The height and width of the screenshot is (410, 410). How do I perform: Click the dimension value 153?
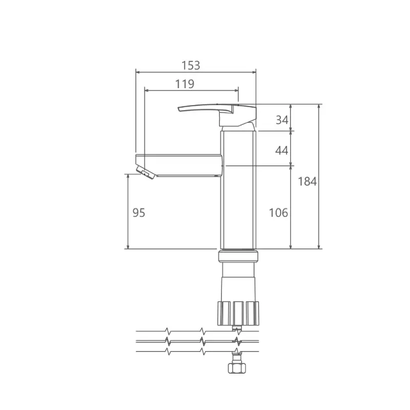point(191,66)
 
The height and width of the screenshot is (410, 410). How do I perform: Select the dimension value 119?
point(184,84)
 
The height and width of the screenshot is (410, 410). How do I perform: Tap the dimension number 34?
point(282,120)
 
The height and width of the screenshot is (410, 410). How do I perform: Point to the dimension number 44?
point(281,150)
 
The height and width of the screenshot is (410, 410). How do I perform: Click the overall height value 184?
point(307,181)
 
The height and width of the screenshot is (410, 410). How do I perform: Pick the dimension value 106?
point(278,213)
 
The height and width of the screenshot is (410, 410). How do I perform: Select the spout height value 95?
point(138,213)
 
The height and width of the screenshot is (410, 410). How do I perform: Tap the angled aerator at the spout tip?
point(146,172)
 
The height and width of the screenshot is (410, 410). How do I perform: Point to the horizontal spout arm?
point(180,165)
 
